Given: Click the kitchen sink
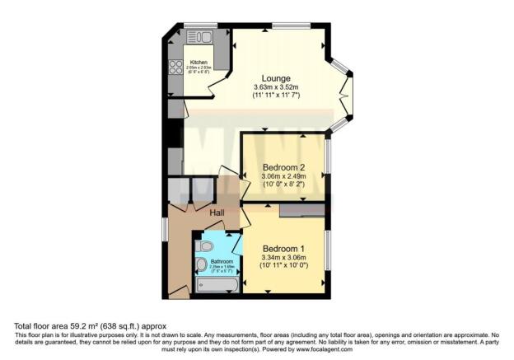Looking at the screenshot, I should pyautogui.click(x=199, y=36).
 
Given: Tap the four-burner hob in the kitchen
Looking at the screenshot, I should pyautogui.click(x=175, y=67).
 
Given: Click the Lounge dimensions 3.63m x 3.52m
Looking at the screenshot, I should pyautogui.click(x=276, y=86).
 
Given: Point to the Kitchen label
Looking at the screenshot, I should pyautogui.click(x=199, y=63).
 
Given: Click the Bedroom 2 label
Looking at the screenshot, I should pyautogui.click(x=284, y=167).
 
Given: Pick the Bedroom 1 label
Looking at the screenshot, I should pyautogui.click(x=283, y=249).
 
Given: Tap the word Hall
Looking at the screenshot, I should pyautogui.click(x=217, y=213).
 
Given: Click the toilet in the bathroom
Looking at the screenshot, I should pyautogui.click(x=206, y=245).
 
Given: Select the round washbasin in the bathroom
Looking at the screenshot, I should pyautogui.click(x=202, y=264).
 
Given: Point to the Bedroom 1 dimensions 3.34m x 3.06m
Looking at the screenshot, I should pyautogui.click(x=283, y=258).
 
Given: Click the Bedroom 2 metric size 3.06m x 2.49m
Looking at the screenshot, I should pyautogui.click(x=284, y=176).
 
